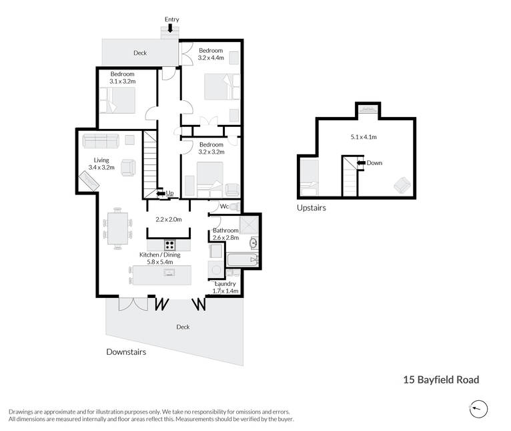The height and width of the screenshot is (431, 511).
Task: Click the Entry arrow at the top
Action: click(170, 28)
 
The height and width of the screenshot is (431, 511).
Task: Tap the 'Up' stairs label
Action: click(169, 193)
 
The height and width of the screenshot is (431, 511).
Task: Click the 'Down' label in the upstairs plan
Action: click(374, 162)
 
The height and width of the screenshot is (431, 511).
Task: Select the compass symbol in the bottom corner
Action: click(478, 409)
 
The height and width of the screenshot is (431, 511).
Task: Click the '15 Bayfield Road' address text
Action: click(441, 380)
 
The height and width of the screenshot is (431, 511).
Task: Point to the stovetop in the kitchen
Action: click(170, 245)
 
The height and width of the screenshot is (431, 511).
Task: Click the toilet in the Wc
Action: click(235, 206)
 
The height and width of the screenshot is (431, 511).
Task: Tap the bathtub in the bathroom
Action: click(242, 259)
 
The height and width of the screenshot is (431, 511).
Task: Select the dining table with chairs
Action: click(117, 229)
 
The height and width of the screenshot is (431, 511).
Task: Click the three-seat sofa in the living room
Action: click(101, 141)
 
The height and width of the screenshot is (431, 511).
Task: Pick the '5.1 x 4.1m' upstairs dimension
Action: click(364, 137)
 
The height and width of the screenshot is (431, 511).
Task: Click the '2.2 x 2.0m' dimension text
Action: click(169, 219)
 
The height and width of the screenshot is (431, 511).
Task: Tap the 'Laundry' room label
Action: click(225, 284)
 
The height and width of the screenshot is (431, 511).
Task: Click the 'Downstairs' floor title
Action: click(126, 351)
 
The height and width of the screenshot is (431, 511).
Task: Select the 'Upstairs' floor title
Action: click(312, 208)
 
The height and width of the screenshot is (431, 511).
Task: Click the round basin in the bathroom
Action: click(253, 243)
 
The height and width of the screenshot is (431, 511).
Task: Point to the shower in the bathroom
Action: click(249, 225)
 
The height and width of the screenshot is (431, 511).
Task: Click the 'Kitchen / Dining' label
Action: click(159, 255)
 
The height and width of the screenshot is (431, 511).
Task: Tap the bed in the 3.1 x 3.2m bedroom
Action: click(117, 100)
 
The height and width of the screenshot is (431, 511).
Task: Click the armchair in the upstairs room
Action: click(402, 186)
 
